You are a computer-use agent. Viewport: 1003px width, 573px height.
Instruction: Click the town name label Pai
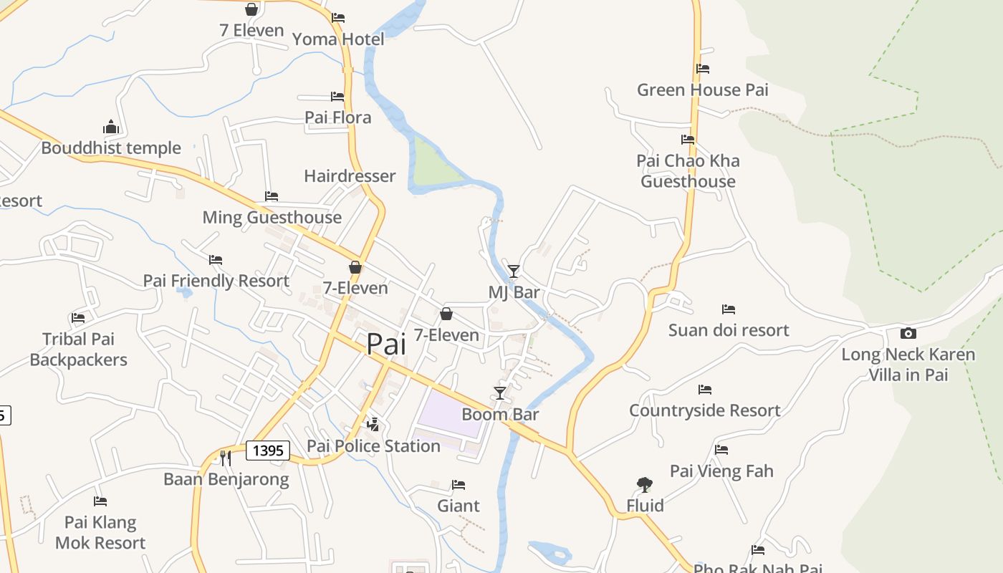pos(386,344)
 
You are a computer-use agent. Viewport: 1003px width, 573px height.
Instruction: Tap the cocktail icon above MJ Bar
pos(513,271)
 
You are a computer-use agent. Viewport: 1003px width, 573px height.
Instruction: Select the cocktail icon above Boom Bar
pos(500,393)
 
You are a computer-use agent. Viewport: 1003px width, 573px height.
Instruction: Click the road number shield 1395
pos(268,451)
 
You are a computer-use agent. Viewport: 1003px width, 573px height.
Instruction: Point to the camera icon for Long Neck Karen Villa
pos(908,333)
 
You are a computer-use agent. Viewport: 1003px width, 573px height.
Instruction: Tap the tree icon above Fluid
pos(645,485)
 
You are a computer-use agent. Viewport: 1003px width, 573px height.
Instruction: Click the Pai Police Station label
pos(373,446)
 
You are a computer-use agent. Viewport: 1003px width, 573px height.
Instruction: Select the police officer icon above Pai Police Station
pos(373,424)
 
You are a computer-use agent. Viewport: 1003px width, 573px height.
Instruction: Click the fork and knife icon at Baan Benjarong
pos(226,458)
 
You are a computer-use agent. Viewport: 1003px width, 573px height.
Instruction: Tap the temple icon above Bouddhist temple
pos(110,127)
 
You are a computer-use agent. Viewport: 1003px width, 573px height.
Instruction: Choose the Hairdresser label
pos(350,176)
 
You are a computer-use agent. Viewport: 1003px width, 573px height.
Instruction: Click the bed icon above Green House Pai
pos(703,69)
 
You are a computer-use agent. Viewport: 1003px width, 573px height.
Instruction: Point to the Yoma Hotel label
pos(338,39)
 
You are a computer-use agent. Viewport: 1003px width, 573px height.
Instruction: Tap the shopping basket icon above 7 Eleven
pos(251,9)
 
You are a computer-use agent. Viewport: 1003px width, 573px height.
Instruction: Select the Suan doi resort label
pos(729,330)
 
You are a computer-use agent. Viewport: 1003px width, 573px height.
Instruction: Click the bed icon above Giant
pos(459,485)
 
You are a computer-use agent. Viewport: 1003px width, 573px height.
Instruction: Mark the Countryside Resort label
pos(705,410)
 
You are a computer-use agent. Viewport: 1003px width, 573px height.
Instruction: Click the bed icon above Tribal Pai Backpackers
pos(78,317)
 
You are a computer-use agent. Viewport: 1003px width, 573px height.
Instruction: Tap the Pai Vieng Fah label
pos(721,471)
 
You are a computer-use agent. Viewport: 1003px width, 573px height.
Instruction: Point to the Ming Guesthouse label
pos(272,217)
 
